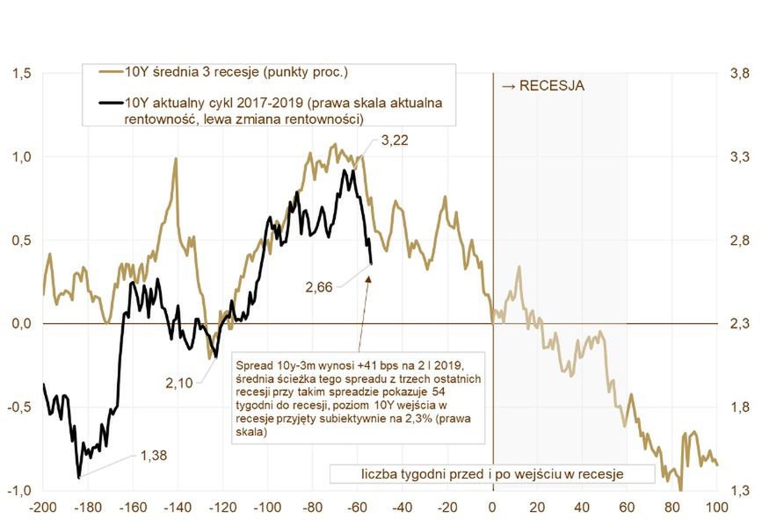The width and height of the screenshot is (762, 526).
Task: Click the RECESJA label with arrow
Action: tap(542, 86)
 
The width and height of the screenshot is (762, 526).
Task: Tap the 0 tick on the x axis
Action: tap(492, 507)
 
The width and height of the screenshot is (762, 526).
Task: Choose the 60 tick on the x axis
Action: tap(628, 507)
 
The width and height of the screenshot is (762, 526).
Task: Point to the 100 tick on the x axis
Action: tap(716, 507)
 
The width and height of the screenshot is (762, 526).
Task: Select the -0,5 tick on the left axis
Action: tap(18, 407)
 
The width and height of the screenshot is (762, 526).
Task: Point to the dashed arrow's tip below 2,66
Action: tap(369, 277)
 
